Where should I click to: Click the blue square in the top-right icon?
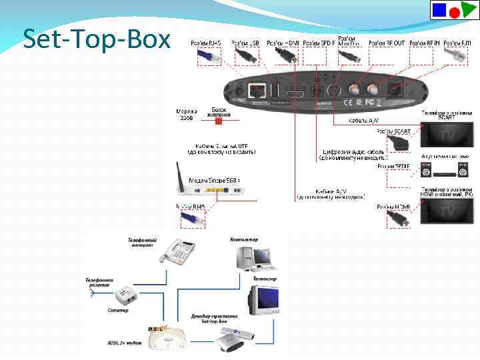[440, 9]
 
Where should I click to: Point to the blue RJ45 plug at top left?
[211, 57]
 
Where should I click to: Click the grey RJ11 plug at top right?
[459, 57]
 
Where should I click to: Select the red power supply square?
[225, 121]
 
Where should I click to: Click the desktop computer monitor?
[261, 254]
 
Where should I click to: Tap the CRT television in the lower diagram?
[264, 300]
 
